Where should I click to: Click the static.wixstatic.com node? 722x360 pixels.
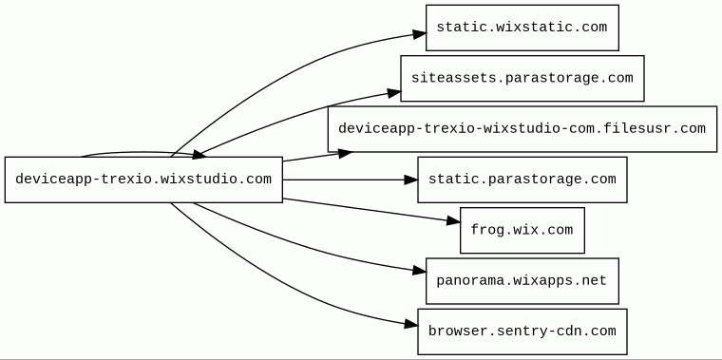(x=522, y=28)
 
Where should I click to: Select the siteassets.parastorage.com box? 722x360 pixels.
(x=522, y=78)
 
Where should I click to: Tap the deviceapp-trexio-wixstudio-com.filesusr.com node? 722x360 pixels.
(x=522, y=129)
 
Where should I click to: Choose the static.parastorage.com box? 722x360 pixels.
(x=522, y=180)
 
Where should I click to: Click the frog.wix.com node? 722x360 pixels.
(x=522, y=230)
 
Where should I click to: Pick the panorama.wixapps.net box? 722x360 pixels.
(x=522, y=281)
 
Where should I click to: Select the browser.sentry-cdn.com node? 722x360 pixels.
(x=522, y=332)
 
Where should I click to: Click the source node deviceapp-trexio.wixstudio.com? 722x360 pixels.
(x=143, y=180)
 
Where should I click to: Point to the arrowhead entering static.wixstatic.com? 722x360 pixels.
(x=419, y=34)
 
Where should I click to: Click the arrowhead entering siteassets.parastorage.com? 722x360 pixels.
(x=394, y=93)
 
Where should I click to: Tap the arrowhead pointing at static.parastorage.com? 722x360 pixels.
(x=410, y=180)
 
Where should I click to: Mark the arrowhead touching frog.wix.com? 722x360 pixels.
(x=453, y=221)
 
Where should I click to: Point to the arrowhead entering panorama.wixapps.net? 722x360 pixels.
(x=419, y=271)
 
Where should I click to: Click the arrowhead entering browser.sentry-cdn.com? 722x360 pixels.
(x=411, y=325)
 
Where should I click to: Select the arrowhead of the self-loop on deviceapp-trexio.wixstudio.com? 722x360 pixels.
(x=199, y=155)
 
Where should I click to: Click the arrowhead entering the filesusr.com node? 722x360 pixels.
(x=346, y=154)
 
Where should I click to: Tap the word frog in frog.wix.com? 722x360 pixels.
(x=482, y=230)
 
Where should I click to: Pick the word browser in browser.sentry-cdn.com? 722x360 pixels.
(x=450, y=331)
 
